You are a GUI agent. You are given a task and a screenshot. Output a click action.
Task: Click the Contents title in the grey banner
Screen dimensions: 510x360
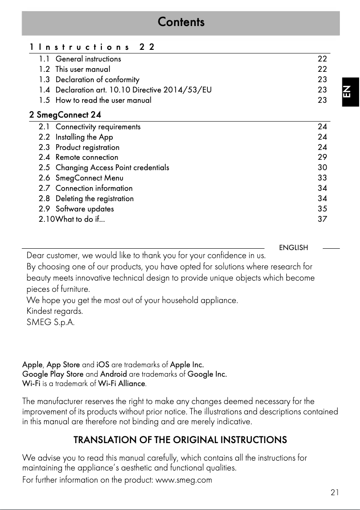point(181,22)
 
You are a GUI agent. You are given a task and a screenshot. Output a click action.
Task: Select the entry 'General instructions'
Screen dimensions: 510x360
point(88,59)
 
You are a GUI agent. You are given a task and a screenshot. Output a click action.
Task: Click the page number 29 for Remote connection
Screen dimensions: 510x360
point(322,157)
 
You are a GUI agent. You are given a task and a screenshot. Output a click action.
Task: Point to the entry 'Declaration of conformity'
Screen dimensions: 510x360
point(97,79)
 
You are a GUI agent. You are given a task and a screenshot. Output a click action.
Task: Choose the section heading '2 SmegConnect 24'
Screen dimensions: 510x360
point(65,115)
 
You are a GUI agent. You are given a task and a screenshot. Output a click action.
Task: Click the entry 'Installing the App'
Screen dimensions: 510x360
point(84,137)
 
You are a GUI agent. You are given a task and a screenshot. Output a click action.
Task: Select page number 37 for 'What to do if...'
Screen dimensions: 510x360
point(322,219)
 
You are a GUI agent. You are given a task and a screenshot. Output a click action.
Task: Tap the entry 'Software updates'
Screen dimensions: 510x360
point(84,209)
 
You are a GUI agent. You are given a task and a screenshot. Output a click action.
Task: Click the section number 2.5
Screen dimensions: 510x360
point(44,167)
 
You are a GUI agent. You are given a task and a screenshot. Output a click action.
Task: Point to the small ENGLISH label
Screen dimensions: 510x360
point(294,248)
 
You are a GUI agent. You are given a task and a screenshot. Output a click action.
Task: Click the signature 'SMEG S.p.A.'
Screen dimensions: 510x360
point(51,322)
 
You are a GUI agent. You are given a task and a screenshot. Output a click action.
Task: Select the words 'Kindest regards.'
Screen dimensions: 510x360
point(55,311)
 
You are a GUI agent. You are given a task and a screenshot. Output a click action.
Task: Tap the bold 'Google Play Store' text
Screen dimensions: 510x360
point(53,374)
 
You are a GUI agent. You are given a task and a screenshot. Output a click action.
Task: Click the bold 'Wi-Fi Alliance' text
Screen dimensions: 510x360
point(122,384)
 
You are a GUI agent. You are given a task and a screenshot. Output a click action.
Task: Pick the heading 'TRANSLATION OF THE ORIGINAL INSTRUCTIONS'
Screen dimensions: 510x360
point(180,440)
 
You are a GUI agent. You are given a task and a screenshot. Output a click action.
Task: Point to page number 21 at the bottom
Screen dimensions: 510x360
point(334,492)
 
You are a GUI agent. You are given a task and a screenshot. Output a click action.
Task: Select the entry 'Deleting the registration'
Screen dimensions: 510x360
point(94,198)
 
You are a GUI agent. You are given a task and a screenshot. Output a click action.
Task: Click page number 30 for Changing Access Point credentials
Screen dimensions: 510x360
point(322,167)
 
